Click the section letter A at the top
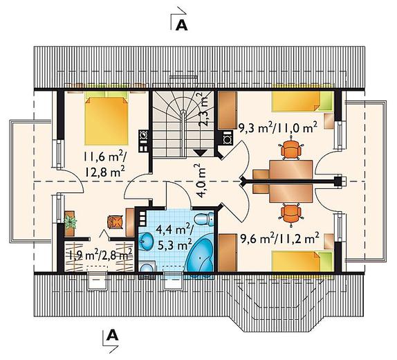181,26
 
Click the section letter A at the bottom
113,335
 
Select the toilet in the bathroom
204,219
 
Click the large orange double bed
107,118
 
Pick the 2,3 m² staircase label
203,109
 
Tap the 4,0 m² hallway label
201,181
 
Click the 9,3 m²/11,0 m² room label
278,128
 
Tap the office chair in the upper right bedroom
291,149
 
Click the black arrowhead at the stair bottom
201,152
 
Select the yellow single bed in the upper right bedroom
302,101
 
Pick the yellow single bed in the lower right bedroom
302,261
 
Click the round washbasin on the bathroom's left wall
145,240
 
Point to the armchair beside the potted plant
116,222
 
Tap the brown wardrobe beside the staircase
228,111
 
